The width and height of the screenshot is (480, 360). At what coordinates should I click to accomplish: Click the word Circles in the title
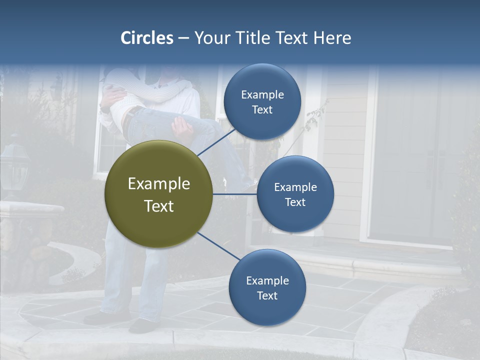click(146, 38)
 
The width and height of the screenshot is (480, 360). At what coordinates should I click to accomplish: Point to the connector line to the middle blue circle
click(235, 194)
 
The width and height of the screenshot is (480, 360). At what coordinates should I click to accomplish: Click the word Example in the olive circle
click(158, 183)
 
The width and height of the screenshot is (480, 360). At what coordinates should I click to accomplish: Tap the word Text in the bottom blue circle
click(267, 295)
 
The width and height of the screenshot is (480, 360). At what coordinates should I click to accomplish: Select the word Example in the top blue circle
click(262, 94)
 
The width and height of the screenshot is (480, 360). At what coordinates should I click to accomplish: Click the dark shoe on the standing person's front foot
click(142, 326)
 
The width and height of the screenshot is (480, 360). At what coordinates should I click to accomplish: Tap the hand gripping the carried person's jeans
click(183, 131)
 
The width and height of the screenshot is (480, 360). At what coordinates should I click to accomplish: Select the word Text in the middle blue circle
click(295, 202)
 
